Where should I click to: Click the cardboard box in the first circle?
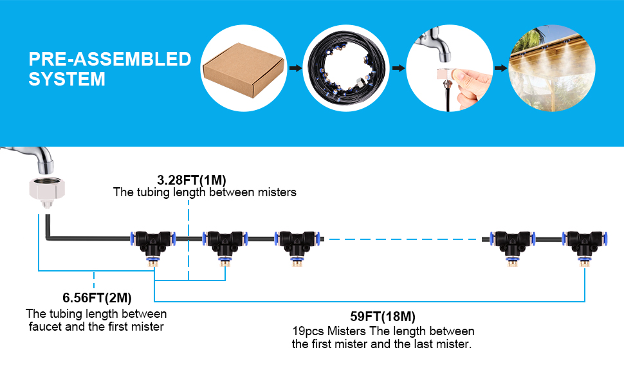coord(244,70)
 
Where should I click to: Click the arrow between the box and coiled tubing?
coord(295,68)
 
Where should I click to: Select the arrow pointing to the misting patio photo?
coord(500,68)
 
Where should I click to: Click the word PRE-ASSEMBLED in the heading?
coord(110,59)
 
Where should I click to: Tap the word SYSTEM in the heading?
coord(67,79)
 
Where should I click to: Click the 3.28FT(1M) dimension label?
coord(192,180)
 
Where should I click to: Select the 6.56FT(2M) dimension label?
coord(97,298)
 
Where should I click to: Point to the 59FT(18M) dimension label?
coord(383,317)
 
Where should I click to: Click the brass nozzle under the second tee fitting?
coord(225,262)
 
